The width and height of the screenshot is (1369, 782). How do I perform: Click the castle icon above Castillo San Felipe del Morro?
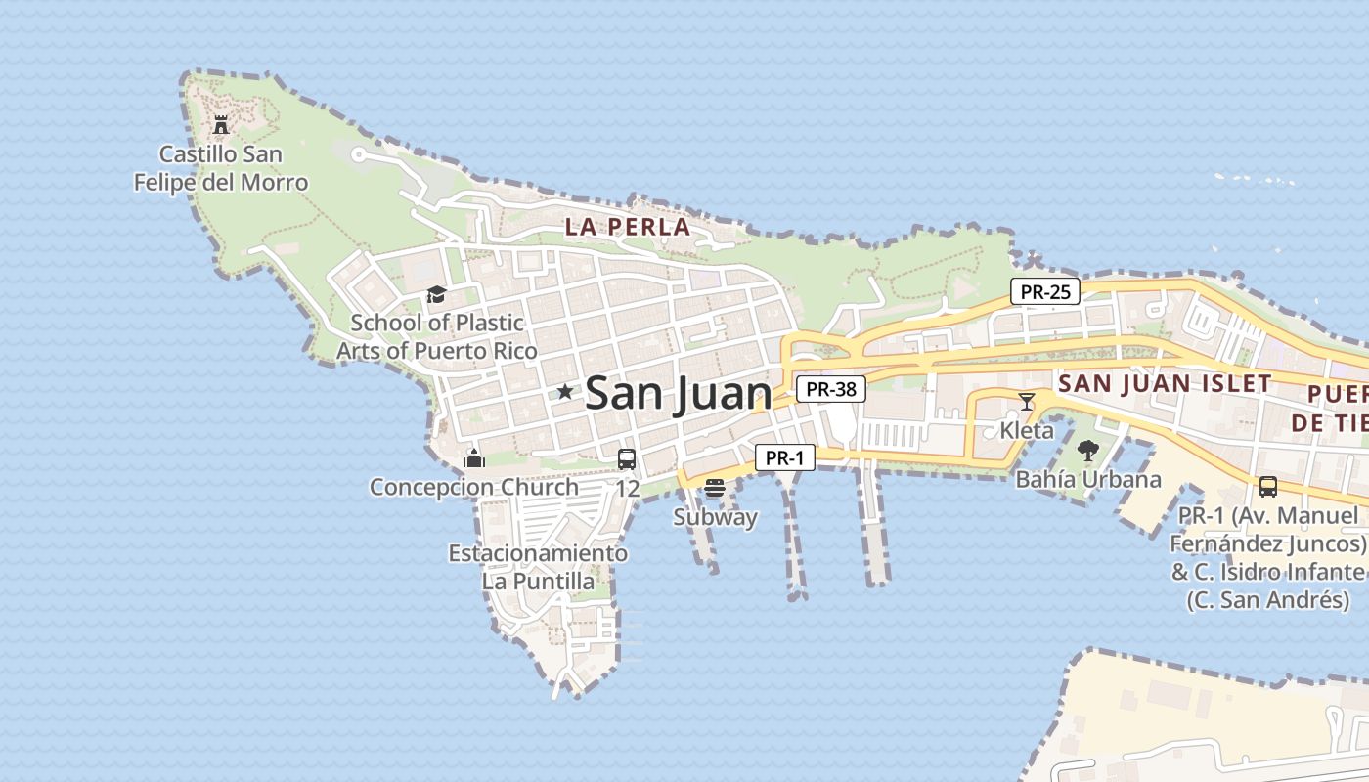[221, 124]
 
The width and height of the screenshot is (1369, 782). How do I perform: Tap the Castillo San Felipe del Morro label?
[221, 168]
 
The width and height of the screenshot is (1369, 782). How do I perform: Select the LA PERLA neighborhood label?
[628, 227]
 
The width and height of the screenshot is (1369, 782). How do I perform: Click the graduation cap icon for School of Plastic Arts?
[436, 294]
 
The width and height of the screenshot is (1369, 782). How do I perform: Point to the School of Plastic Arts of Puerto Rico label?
[437, 336]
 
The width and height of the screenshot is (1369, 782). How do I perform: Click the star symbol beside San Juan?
[564, 392]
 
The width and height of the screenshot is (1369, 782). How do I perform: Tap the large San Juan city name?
[678, 393]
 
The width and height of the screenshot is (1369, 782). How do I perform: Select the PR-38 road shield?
[831, 389]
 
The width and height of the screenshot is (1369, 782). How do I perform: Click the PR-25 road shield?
[1044, 291]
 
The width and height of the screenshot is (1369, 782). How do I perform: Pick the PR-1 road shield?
[784, 457]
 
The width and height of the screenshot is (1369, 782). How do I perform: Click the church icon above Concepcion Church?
[474, 457]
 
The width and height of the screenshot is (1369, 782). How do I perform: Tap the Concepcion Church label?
[473, 487]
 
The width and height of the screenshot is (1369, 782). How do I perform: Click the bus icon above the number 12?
[627, 458]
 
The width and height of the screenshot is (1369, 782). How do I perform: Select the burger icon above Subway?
[715, 488]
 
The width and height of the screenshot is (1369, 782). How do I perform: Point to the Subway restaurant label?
[715, 517]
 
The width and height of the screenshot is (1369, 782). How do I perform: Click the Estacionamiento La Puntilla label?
[538, 567]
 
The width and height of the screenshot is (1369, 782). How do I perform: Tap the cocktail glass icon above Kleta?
[1026, 401]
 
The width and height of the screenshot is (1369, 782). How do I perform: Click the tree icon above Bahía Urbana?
[1087, 451]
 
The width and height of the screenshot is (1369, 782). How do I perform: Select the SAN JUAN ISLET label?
[1165, 383]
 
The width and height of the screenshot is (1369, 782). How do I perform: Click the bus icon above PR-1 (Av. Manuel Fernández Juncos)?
[1268, 486]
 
